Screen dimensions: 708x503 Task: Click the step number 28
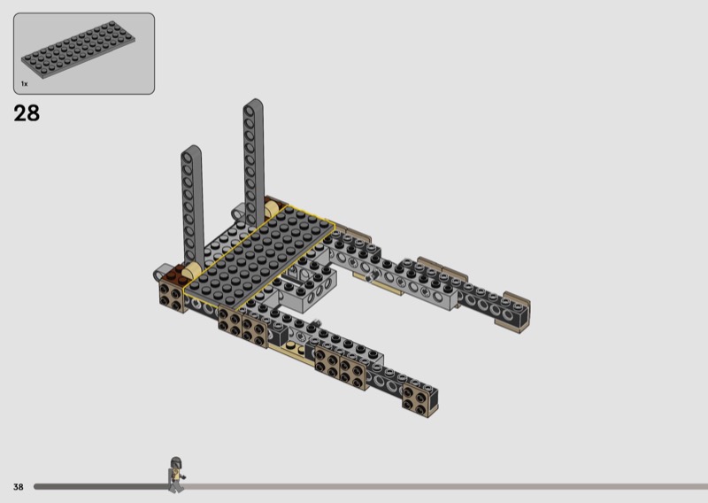coord(27,113)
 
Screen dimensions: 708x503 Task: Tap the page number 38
coord(18,487)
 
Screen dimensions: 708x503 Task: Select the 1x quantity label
coord(25,83)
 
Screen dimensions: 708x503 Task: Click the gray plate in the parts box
coord(78,49)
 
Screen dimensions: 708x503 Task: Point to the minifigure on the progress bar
coord(176,475)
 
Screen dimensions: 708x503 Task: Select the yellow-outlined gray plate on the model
coord(259,255)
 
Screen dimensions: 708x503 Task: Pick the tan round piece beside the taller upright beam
coord(272,210)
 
